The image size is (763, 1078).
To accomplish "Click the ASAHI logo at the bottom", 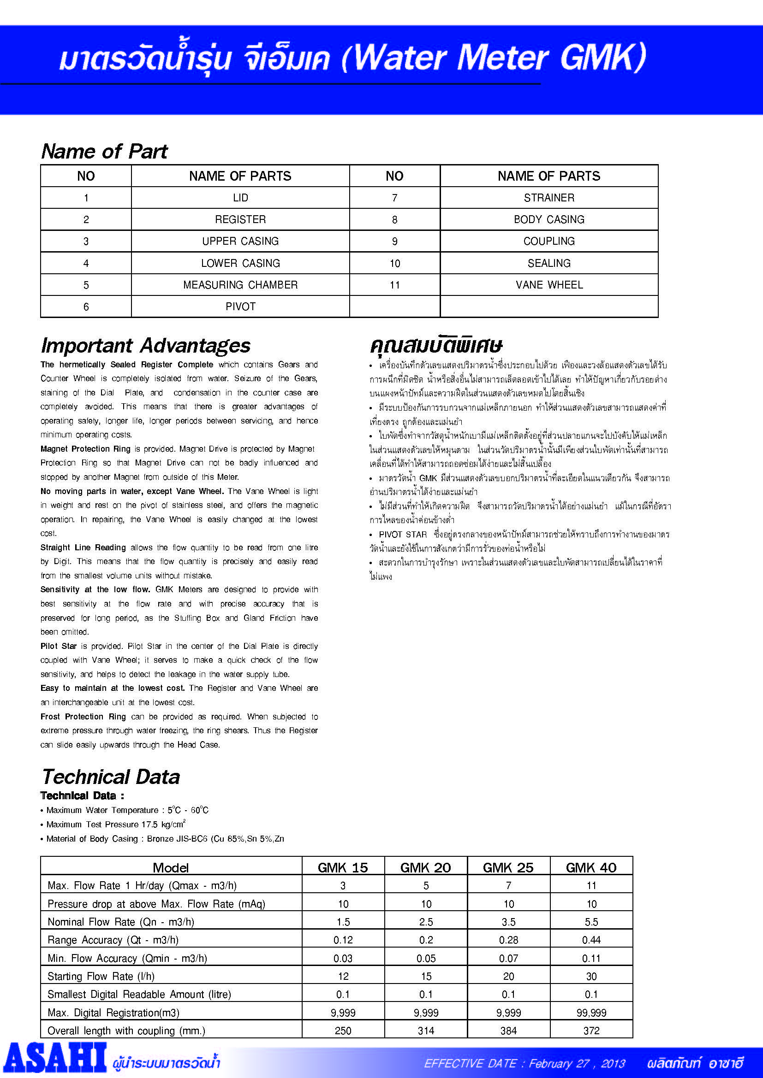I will [55, 1057].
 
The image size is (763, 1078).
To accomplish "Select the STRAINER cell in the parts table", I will [549, 198].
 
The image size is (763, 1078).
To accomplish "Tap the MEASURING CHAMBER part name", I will [240, 284].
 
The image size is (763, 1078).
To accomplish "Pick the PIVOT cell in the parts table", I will [240, 306].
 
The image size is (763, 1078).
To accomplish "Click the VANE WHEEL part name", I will [549, 284].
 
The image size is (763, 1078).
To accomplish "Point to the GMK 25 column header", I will [508, 867].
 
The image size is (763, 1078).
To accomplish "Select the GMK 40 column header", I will [590, 867].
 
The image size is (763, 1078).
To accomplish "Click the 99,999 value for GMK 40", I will [591, 1013].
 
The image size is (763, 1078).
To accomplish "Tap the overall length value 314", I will [426, 1031].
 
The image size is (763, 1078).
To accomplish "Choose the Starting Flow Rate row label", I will [101, 977].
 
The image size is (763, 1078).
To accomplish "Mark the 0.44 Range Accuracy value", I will [591, 940].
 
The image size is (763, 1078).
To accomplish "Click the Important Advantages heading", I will [146, 346].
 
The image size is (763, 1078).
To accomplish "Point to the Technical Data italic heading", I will [111, 777].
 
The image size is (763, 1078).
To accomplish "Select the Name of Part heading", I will [104, 151].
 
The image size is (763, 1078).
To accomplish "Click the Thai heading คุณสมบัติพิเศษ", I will [436, 346].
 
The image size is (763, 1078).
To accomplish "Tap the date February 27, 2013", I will [577, 1063].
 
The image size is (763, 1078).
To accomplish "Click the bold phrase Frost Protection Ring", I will [83, 717].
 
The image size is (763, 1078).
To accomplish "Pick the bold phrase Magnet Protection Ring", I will [85, 449].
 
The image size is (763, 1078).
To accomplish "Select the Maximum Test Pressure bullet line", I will [116, 825].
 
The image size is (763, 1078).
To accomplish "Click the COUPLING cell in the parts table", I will [549, 241].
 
